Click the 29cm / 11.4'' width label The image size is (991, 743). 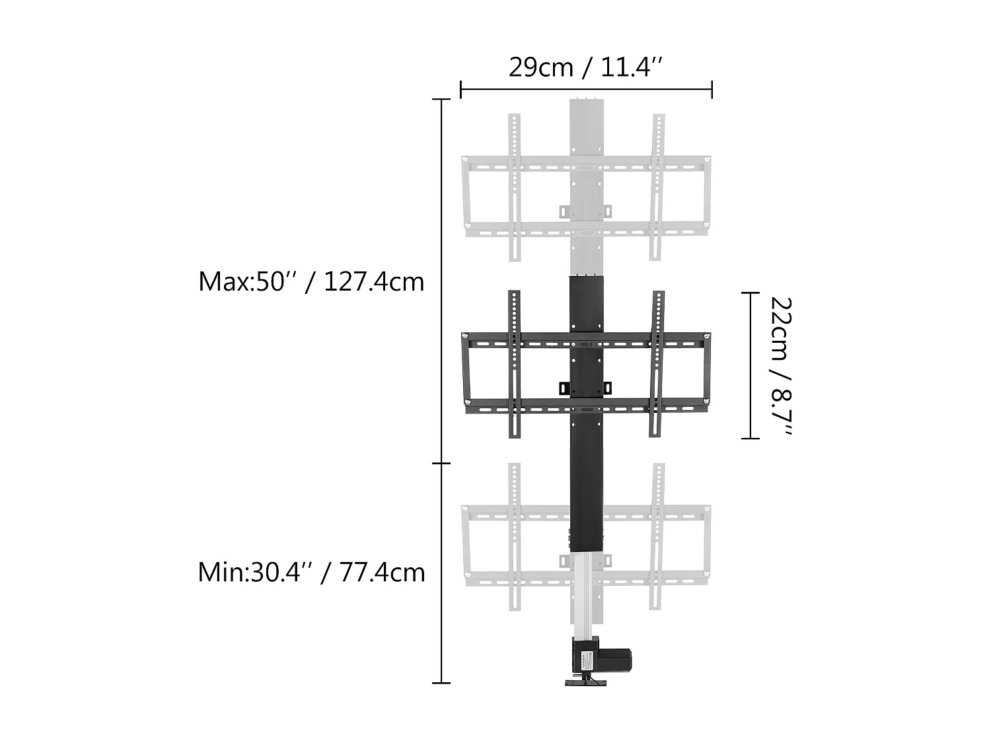click(x=585, y=67)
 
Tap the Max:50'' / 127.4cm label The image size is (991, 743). click(x=311, y=282)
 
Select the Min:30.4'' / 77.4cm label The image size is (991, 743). click(x=311, y=572)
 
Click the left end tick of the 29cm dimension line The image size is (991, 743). click(x=461, y=89)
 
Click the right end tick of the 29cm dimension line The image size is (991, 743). click(x=712, y=89)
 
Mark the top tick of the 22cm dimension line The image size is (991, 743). click(x=750, y=293)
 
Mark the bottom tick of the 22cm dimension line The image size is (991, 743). click(x=750, y=438)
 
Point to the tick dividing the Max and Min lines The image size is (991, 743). click(x=441, y=464)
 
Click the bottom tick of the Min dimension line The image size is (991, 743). click(x=441, y=682)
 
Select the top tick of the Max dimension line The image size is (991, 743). click(x=441, y=100)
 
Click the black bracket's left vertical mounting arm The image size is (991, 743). click(x=515, y=364)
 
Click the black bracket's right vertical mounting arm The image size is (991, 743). click(x=658, y=364)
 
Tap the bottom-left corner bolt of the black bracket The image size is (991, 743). click(x=467, y=404)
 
